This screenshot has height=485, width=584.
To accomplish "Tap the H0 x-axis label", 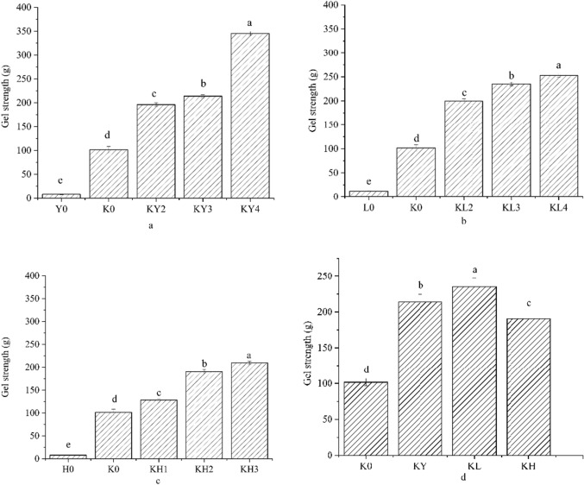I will click(60, 469).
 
